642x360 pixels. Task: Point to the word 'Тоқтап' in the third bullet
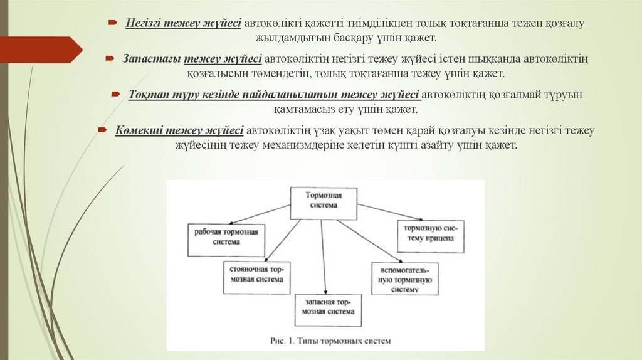point(145,95)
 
